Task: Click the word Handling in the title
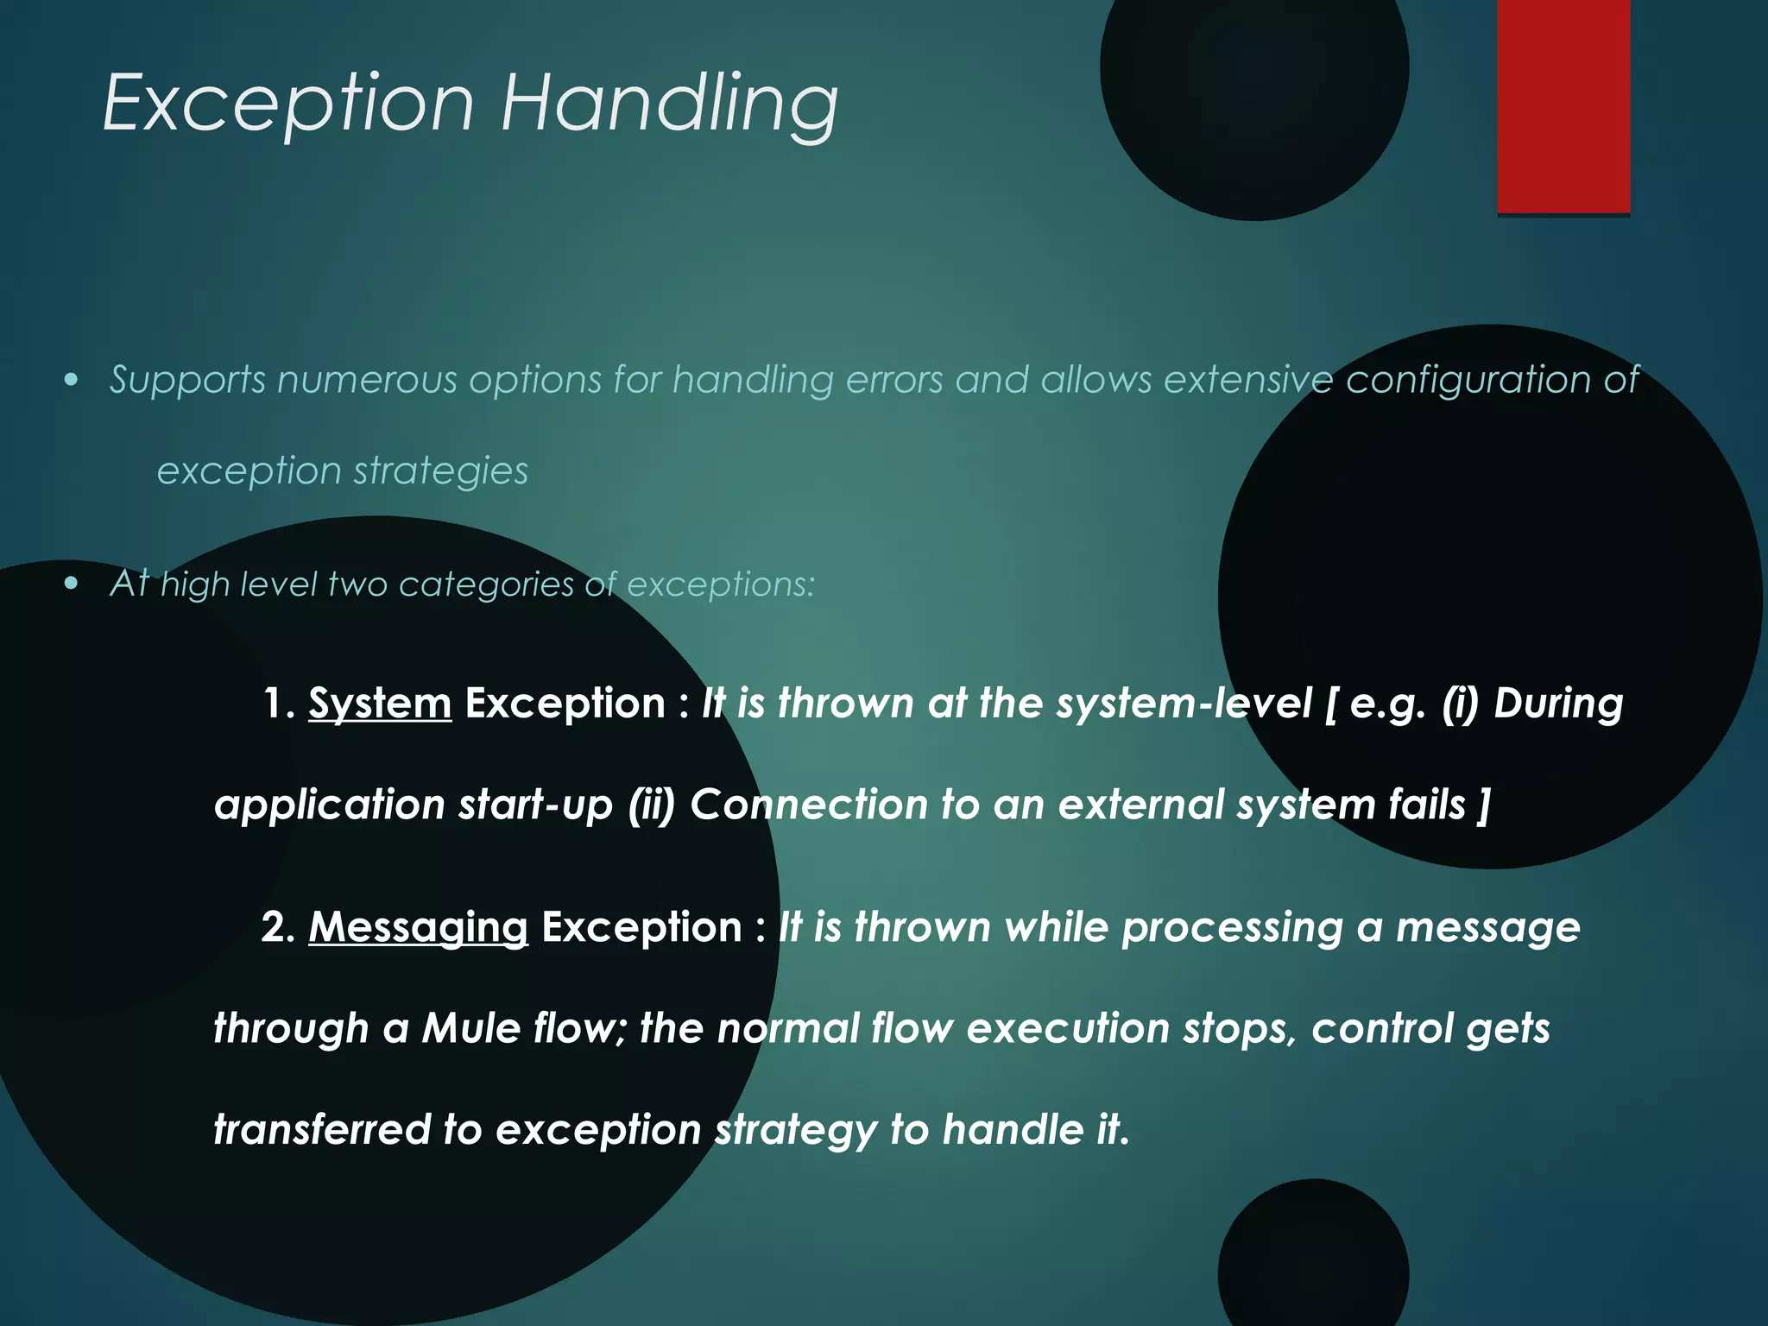(669, 104)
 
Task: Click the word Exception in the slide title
(288, 104)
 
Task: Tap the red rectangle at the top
(1563, 105)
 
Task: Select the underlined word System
(380, 704)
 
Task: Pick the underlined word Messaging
(418, 928)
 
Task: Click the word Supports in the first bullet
(187, 380)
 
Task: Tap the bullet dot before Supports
(72, 380)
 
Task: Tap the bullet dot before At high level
(72, 584)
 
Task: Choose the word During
(1558, 704)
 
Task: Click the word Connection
(808, 805)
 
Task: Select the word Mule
(470, 1028)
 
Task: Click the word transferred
(321, 1129)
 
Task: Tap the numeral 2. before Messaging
(278, 928)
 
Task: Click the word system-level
(1184, 704)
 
